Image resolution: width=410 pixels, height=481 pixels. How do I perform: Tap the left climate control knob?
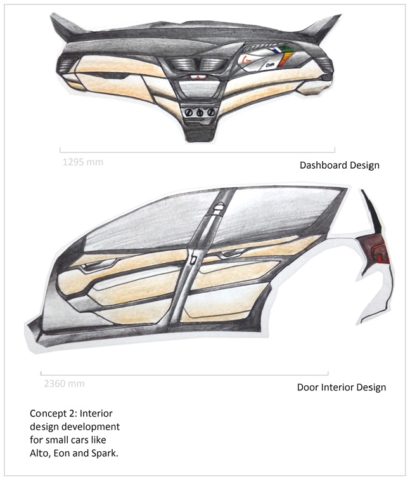pyautogui.click(x=189, y=112)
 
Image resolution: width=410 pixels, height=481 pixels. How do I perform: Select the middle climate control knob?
pyautogui.click(x=200, y=112)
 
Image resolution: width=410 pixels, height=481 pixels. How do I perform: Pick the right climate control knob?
pyautogui.click(x=210, y=112)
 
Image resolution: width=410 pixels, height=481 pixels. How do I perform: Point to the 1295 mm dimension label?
pyautogui.click(x=83, y=162)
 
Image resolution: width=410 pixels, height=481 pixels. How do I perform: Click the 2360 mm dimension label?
pyautogui.click(x=65, y=383)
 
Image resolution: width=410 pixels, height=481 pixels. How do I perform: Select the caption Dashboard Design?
pyautogui.click(x=340, y=166)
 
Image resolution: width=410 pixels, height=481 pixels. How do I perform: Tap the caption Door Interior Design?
pyautogui.click(x=342, y=387)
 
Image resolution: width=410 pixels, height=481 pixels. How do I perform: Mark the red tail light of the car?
pyautogui.click(x=376, y=248)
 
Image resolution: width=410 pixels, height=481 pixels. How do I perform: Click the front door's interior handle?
pyautogui.click(x=99, y=265)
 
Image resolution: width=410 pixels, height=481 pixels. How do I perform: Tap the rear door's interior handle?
pyautogui.click(x=233, y=253)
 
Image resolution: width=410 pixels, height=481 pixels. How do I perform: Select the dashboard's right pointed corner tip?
pyautogui.click(x=340, y=15)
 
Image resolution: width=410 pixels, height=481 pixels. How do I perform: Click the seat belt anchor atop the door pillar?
pyautogui.click(x=218, y=209)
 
